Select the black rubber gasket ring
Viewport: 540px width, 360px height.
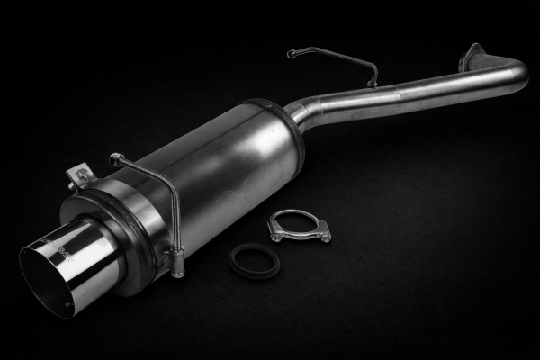(x=253, y=260)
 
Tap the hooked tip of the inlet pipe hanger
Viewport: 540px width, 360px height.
(x=291, y=54)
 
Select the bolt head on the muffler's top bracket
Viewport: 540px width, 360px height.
(x=81, y=173)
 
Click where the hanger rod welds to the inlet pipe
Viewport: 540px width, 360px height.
(x=372, y=83)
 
